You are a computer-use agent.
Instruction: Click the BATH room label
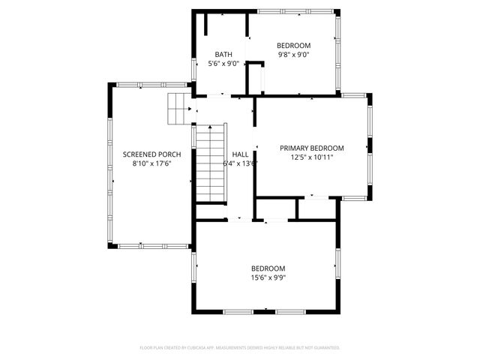pyautogui.click(x=223, y=54)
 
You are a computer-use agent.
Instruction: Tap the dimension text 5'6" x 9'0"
pyautogui.click(x=223, y=64)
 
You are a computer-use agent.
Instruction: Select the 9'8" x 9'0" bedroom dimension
pyautogui.click(x=293, y=54)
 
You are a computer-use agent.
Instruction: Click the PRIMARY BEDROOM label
pyautogui.click(x=311, y=148)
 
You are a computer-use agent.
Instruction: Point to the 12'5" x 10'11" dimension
pyautogui.click(x=311, y=157)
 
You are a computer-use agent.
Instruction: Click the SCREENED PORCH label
pyautogui.click(x=152, y=154)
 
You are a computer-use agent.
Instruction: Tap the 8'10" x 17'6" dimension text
pyautogui.click(x=152, y=163)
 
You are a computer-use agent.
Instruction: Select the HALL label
pyautogui.click(x=240, y=154)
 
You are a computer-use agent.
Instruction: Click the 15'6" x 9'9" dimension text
pyautogui.click(x=268, y=277)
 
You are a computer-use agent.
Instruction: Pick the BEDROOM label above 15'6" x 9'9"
pyautogui.click(x=268, y=268)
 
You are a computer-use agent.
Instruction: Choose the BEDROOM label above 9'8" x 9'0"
pyautogui.click(x=293, y=45)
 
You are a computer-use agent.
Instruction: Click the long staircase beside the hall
pyautogui.click(x=211, y=163)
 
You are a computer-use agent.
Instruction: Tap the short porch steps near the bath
pyautogui.click(x=178, y=109)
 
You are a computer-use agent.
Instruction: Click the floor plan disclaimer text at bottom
pyautogui.click(x=240, y=347)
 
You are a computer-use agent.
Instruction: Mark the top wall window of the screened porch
pyautogui.click(x=150, y=85)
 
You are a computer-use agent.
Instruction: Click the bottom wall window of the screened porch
pyautogui.click(x=150, y=245)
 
